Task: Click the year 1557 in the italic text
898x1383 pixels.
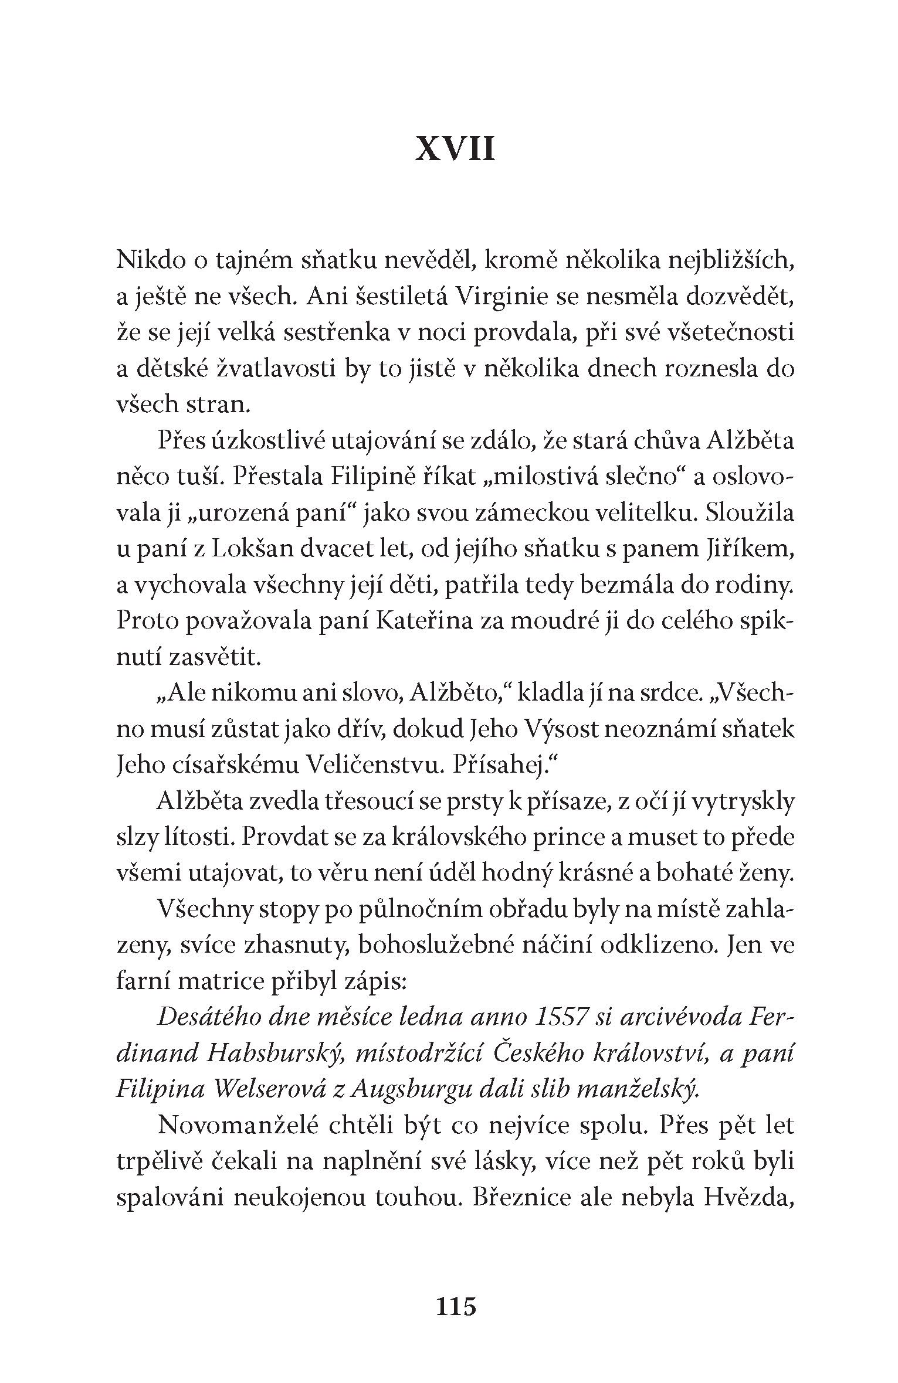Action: point(561,1018)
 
